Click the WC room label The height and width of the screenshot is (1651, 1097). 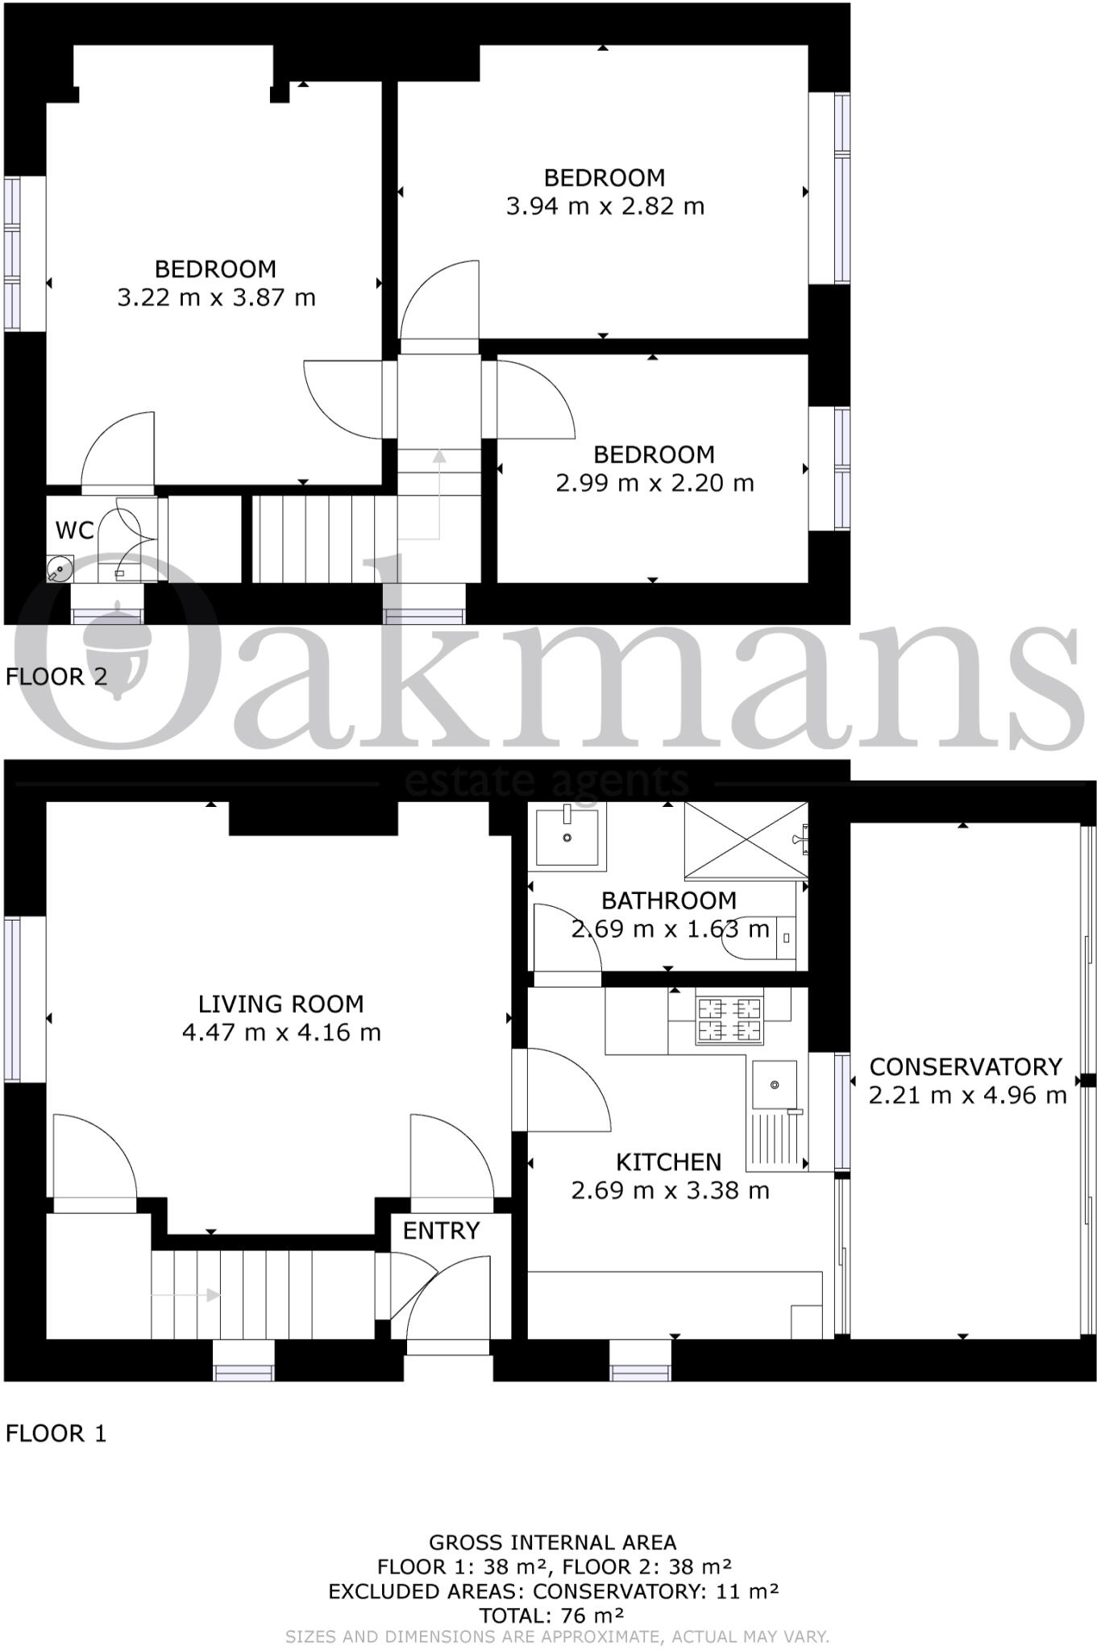tap(74, 530)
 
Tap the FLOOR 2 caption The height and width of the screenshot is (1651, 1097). tap(56, 676)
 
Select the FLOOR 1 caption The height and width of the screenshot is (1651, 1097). tap(56, 1433)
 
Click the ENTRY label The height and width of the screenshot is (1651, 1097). tap(441, 1231)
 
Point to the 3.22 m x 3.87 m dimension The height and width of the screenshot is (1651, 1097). tap(216, 297)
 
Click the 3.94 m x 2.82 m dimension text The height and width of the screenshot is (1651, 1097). tap(605, 206)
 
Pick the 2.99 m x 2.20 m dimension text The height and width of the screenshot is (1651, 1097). tap(654, 483)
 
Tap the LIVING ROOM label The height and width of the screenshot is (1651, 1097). tap(280, 1004)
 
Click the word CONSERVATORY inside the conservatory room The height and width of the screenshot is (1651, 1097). tap(965, 1067)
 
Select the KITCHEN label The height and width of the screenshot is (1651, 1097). tap(668, 1162)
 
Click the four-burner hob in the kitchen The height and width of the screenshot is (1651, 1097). tap(729, 1020)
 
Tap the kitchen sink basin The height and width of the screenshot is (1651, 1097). tap(774, 1084)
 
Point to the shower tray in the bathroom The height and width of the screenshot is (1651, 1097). tap(745, 840)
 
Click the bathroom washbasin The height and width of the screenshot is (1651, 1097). tap(567, 837)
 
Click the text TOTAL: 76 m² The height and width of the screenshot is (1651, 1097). tap(551, 1616)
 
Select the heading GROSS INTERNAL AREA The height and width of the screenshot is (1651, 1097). tap(552, 1543)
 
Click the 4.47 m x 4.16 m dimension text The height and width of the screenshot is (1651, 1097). tap(280, 1033)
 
